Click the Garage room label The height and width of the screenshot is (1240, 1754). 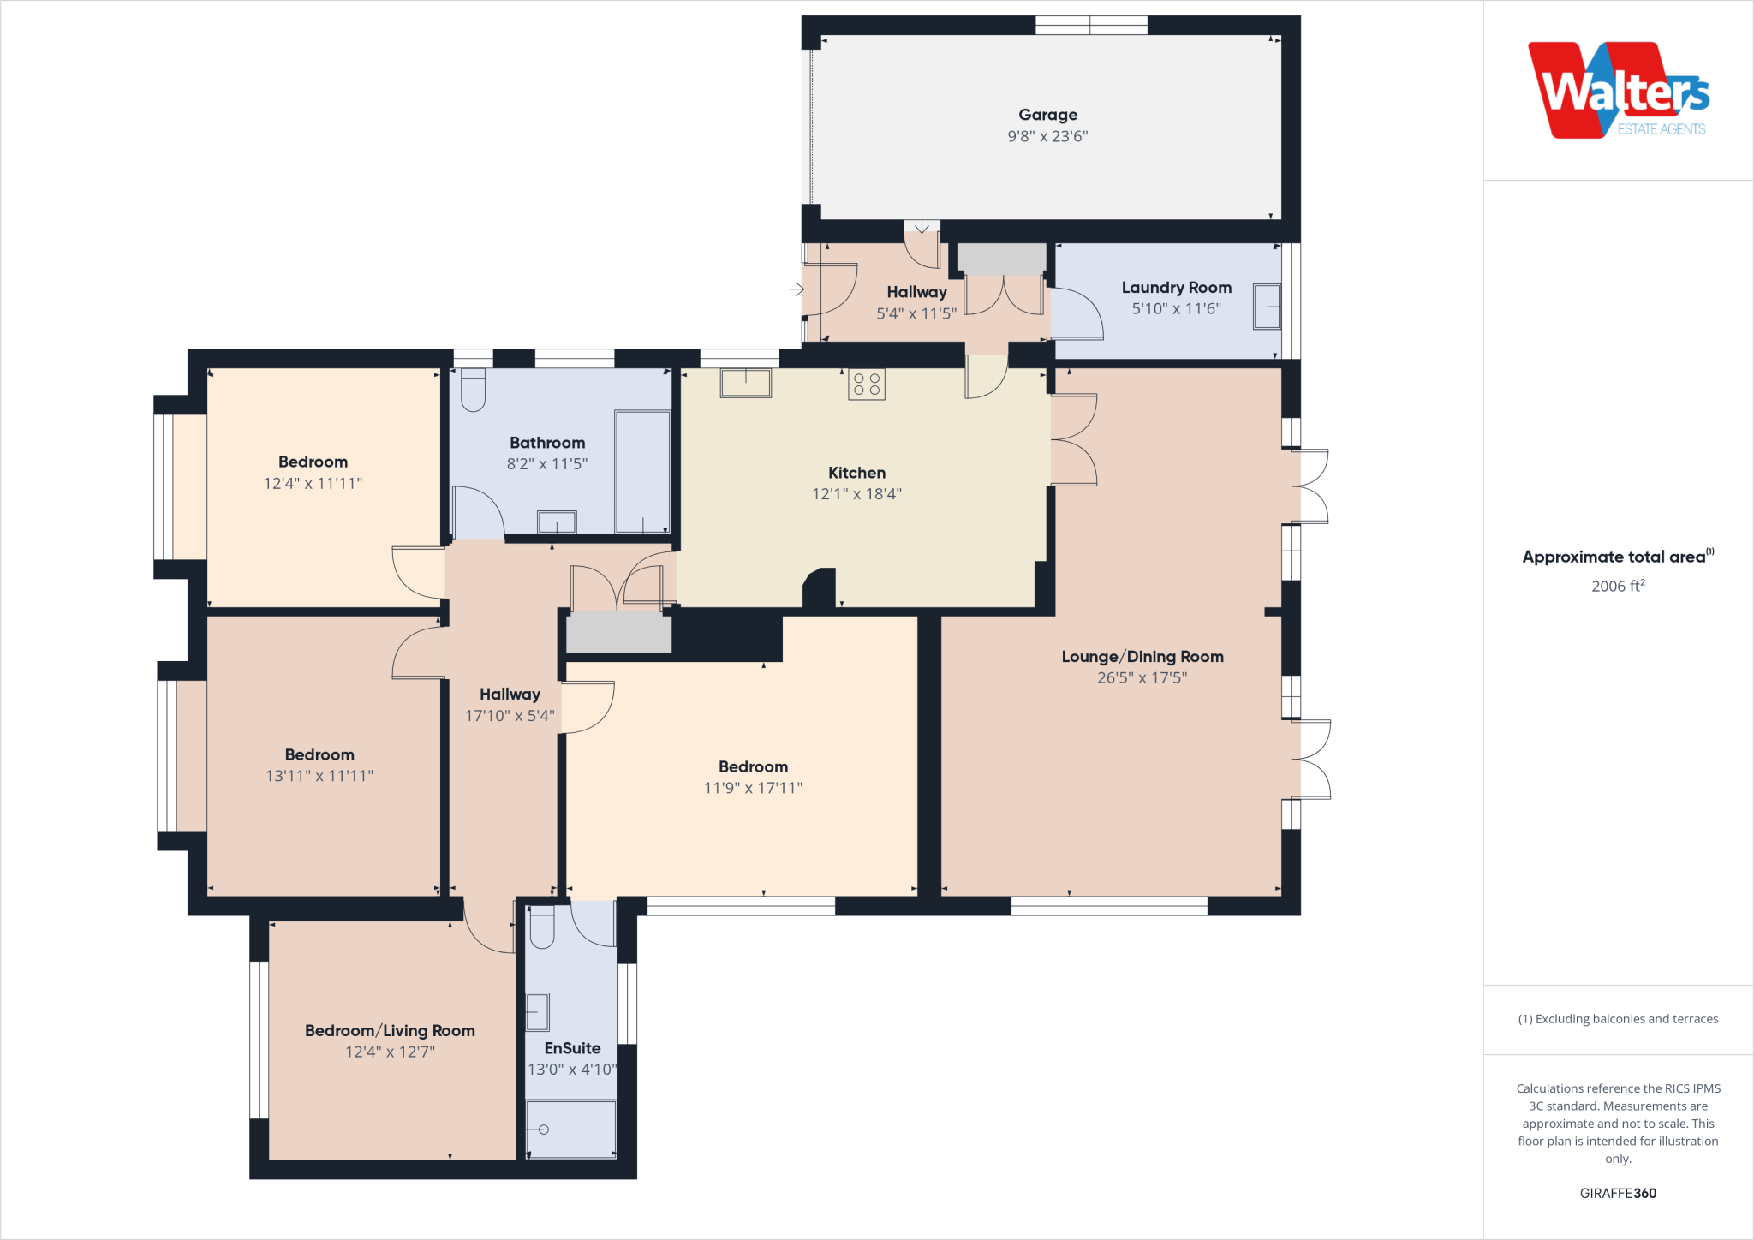(1047, 115)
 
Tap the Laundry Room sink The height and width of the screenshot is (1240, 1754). (1267, 307)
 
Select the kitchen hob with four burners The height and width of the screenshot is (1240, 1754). (866, 385)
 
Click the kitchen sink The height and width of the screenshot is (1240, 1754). (745, 383)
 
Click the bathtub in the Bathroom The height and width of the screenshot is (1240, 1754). (642, 472)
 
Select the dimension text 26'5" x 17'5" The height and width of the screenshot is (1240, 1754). (1142, 678)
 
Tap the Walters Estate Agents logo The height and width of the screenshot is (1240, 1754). (1618, 91)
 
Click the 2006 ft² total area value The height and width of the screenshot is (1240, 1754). (1618, 587)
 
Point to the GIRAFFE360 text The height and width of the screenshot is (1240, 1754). (1618, 1193)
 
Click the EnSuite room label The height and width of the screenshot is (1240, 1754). (572, 1048)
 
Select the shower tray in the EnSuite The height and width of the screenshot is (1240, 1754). (570, 1130)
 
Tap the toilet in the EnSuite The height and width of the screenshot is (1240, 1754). (541, 928)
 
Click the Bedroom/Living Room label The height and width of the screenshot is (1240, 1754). (390, 1031)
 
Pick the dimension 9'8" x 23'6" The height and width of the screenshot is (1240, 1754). (1047, 136)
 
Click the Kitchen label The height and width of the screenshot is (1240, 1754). (856, 473)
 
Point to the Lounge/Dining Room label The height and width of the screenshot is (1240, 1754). (1142, 657)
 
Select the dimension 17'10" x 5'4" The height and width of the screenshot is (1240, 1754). (510, 716)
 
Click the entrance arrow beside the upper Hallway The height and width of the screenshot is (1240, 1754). (796, 289)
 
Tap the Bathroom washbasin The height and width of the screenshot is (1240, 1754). (557, 522)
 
